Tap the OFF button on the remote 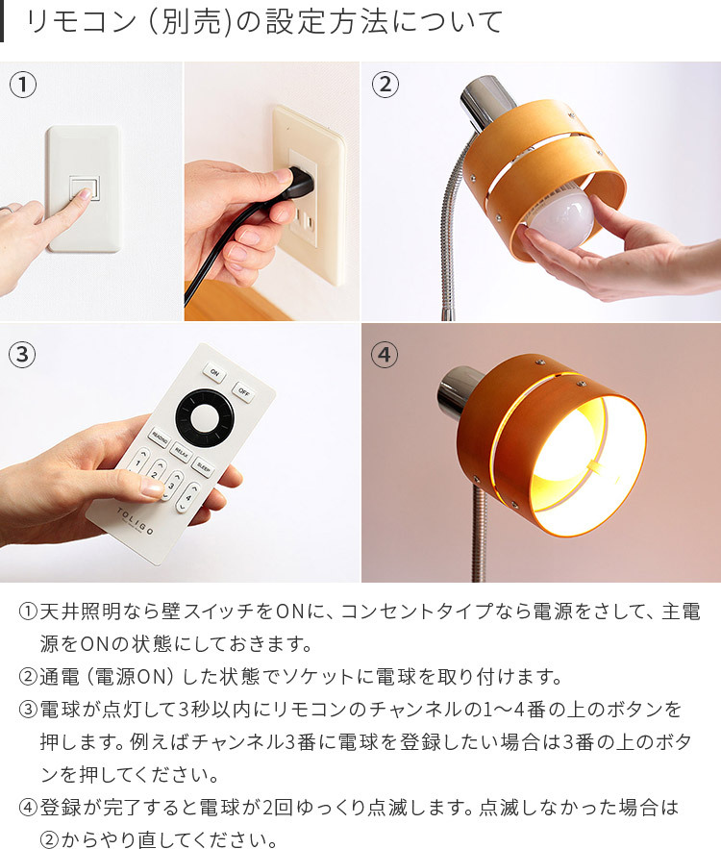244,391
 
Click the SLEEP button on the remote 204,466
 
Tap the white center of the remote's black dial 205,417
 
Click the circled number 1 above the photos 22,85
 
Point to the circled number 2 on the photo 385,85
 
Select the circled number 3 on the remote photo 22,354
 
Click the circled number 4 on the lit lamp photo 385,354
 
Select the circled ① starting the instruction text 28,612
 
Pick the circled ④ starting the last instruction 28,807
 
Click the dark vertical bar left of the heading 3,21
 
